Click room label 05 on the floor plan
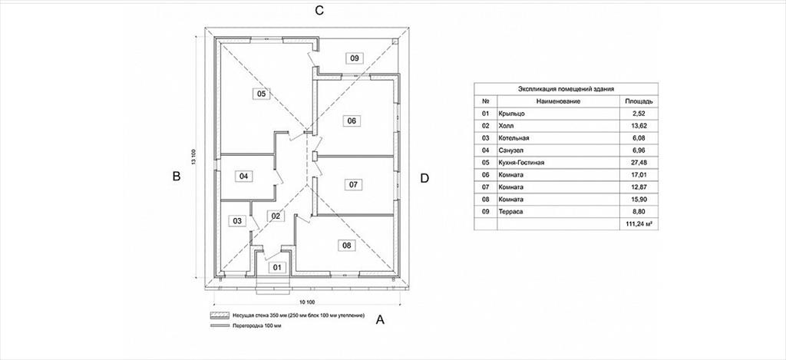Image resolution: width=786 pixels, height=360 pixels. click(x=261, y=93)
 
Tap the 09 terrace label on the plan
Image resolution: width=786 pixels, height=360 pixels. click(x=355, y=58)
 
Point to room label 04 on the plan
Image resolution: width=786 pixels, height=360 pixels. click(x=243, y=176)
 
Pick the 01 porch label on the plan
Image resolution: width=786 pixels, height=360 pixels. click(x=277, y=268)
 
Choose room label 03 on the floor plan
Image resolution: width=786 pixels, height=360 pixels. click(x=237, y=220)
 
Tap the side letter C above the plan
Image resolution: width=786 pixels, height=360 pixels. click(x=319, y=11)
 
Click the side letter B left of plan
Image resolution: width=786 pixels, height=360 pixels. click(x=176, y=176)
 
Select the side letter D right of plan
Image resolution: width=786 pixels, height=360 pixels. click(x=424, y=178)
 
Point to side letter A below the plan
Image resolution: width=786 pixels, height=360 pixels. click(x=380, y=319)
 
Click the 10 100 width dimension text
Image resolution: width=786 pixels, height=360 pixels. click(x=307, y=302)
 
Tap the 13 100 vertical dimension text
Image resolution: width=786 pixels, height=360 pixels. click(x=193, y=157)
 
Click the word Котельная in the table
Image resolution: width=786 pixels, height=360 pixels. click(x=514, y=138)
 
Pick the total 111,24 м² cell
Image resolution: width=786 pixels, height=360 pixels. click(x=638, y=224)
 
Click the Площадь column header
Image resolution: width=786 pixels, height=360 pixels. click(x=638, y=101)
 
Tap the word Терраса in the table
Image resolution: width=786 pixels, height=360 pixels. click(x=511, y=212)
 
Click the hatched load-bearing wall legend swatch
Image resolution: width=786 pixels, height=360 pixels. click(x=219, y=316)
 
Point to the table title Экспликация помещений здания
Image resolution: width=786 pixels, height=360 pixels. click(x=566, y=89)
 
